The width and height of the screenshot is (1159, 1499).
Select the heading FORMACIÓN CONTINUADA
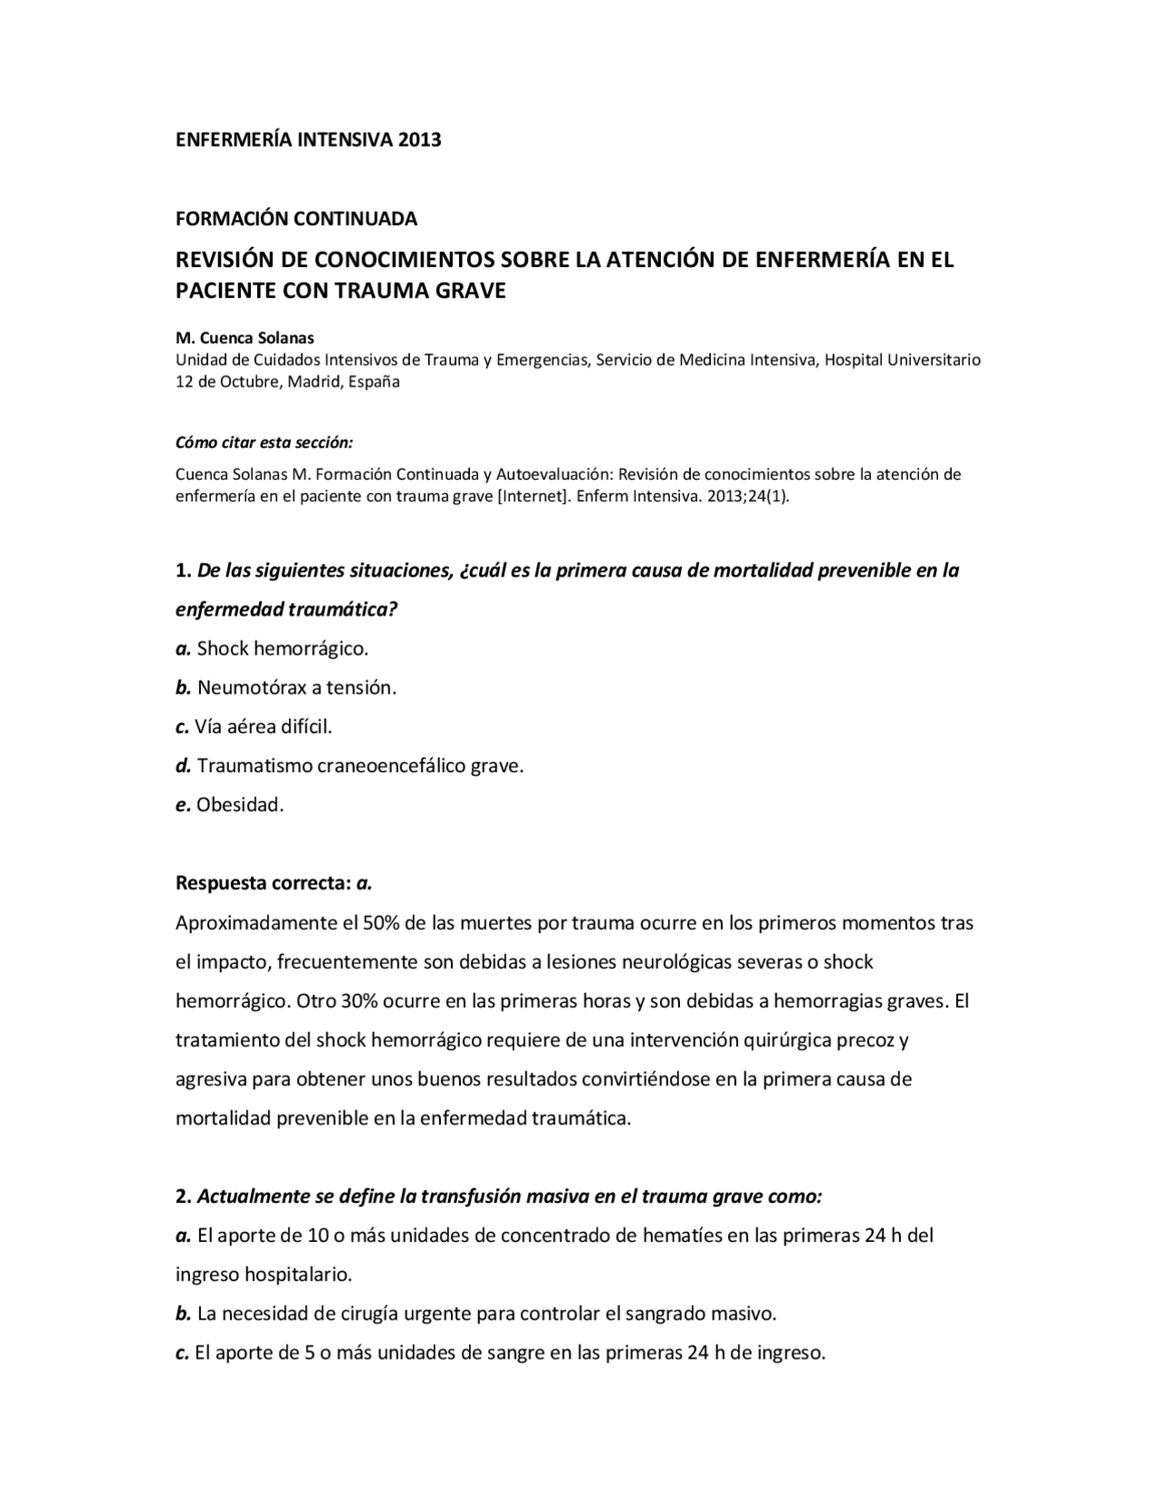(x=296, y=218)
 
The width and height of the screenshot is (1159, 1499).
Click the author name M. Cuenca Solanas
(x=244, y=338)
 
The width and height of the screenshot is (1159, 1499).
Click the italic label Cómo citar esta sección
(x=263, y=443)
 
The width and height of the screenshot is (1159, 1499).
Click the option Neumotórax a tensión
(x=296, y=687)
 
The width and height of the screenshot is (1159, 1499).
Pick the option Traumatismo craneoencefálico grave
(x=359, y=765)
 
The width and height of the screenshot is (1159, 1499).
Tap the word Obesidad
(x=239, y=804)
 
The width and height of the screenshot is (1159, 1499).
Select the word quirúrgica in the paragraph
(x=783, y=1040)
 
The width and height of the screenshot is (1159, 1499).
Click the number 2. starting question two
(x=183, y=1196)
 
